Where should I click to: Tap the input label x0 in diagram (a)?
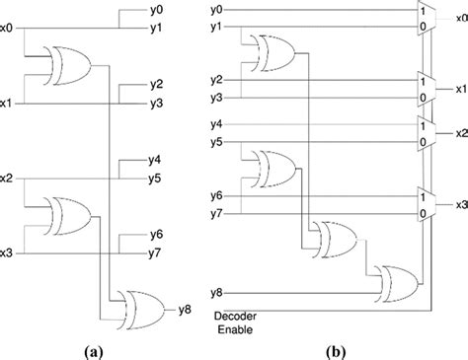7,29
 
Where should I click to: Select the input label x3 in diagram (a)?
7,252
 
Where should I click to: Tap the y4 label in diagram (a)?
156,160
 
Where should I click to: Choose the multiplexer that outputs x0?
426,17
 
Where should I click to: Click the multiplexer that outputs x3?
426,205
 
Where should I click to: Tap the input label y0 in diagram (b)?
215,9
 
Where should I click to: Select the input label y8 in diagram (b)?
215,292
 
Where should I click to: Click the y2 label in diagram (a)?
156,85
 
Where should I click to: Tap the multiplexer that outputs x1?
426,89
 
